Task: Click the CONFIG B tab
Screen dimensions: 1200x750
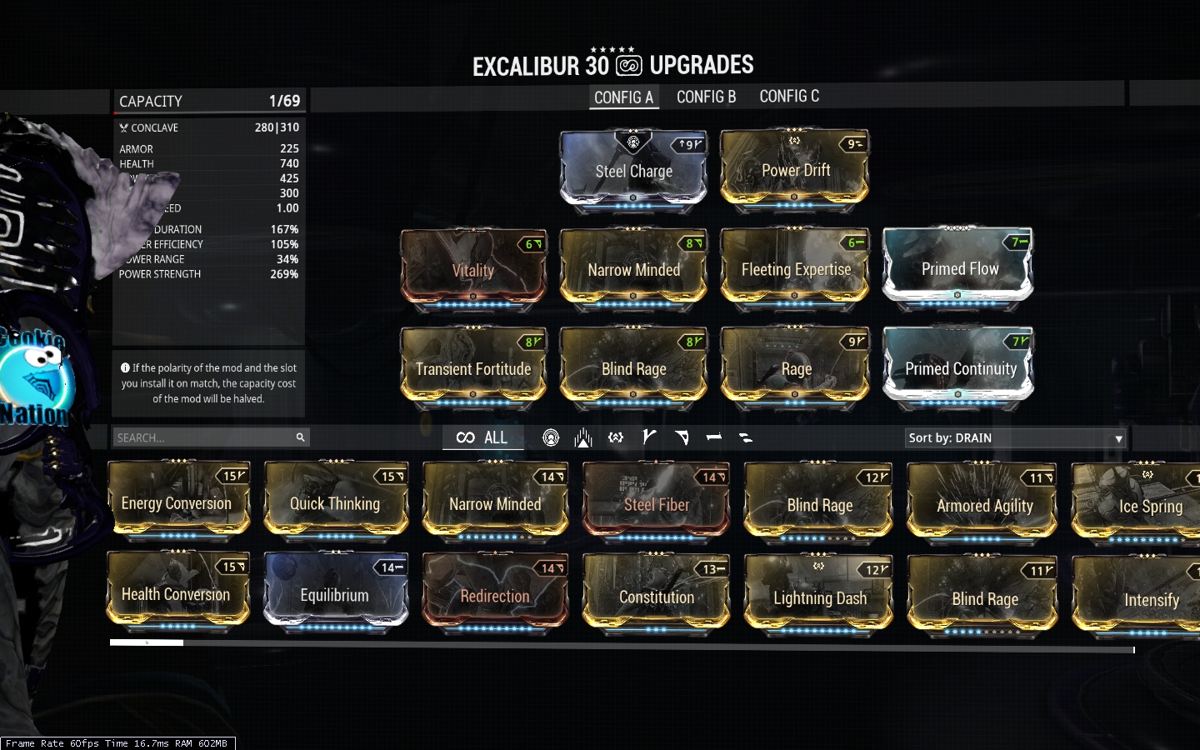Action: tap(706, 97)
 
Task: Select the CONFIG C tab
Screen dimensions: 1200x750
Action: tap(789, 97)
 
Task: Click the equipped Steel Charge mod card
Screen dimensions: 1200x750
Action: tap(633, 170)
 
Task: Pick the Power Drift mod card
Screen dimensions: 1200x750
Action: tap(795, 170)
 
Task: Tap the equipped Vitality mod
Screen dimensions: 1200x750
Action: tap(473, 269)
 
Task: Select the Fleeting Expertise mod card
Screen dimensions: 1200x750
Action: tap(795, 268)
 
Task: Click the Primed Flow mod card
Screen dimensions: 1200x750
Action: tap(958, 268)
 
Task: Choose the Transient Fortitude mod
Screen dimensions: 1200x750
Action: tap(473, 367)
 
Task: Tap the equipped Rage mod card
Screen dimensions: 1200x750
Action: tap(795, 367)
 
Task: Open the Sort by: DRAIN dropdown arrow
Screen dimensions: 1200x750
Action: tap(1118, 438)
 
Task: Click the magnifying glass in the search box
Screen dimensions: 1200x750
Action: tap(300, 437)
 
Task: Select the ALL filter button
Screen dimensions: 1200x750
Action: tap(482, 437)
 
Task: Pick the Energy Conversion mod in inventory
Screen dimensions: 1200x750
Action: tap(177, 502)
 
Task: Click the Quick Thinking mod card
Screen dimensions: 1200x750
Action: tap(335, 502)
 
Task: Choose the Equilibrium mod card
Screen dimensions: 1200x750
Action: tap(335, 593)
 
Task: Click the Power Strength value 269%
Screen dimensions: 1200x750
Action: tap(283, 274)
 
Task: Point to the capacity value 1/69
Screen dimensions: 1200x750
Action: tap(283, 101)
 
